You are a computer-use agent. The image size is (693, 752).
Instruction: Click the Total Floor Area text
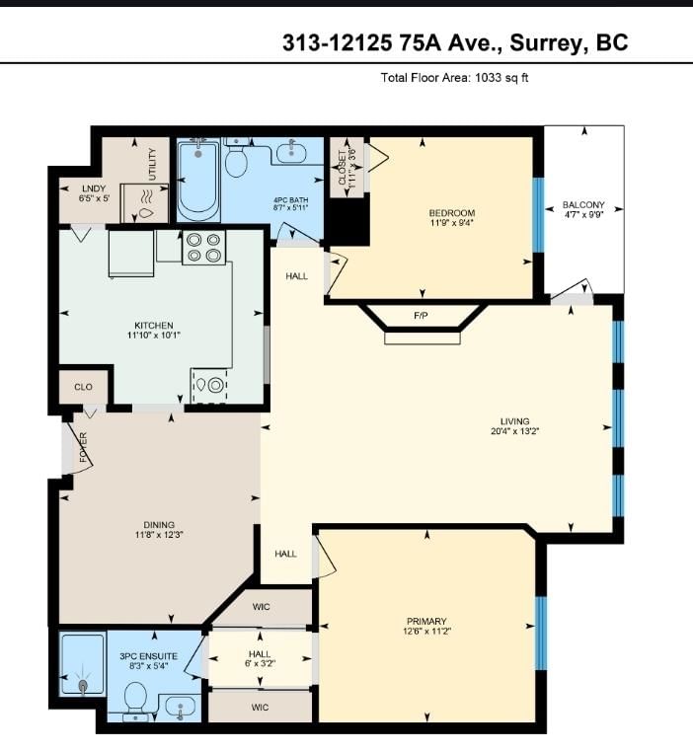point(454,78)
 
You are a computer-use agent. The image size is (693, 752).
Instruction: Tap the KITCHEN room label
point(153,326)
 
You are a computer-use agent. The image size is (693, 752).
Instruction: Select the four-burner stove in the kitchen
point(203,248)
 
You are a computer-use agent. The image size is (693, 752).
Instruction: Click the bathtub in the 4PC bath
point(198,180)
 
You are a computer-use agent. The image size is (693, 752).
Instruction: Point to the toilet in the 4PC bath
point(236,156)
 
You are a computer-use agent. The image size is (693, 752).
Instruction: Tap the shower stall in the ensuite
point(82,664)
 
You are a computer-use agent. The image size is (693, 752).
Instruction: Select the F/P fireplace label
point(421,316)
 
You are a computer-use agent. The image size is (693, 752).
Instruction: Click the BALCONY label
point(583,205)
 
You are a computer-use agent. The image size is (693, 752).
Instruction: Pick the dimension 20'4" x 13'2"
point(515,431)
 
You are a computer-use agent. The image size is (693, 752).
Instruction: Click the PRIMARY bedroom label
point(426,621)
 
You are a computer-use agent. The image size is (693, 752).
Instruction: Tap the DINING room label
point(159,525)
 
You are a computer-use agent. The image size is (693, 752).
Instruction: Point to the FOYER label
point(84,447)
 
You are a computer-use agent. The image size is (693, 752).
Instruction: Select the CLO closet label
point(84,387)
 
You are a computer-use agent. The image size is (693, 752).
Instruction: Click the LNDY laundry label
point(94,188)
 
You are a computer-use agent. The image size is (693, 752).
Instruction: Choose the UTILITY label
point(152,164)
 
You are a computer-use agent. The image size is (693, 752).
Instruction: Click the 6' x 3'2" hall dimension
point(260,664)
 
